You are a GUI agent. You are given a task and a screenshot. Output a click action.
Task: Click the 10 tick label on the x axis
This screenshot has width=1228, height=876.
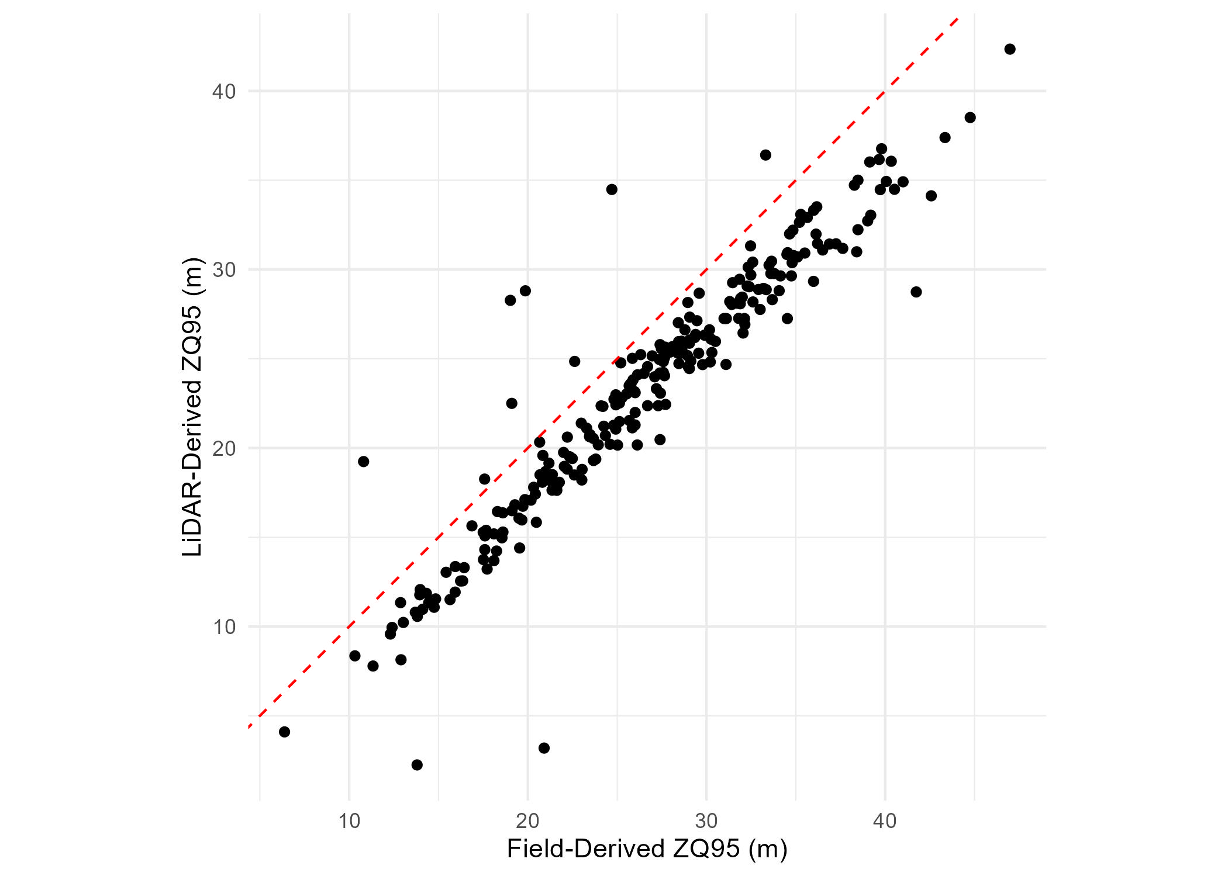pyautogui.click(x=349, y=821)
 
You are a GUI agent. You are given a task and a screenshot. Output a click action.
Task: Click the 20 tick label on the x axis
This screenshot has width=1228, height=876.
pyautogui.click(x=527, y=821)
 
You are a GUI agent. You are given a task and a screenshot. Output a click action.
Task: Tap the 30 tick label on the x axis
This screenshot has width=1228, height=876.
pyautogui.click(x=706, y=821)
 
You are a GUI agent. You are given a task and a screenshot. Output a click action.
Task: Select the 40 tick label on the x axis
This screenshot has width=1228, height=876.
pyautogui.click(x=885, y=821)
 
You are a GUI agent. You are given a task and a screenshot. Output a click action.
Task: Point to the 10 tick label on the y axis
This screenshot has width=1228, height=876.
pyautogui.click(x=224, y=627)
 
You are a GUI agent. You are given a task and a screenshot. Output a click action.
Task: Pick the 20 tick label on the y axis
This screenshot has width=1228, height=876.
pyautogui.click(x=224, y=448)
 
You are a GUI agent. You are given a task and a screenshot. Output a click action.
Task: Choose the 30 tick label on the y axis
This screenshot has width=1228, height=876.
pyautogui.click(x=224, y=270)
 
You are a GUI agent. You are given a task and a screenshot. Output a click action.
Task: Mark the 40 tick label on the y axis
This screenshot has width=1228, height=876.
pyautogui.click(x=224, y=91)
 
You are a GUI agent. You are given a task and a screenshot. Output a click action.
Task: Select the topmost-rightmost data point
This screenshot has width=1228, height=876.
pyautogui.click(x=1010, y=49)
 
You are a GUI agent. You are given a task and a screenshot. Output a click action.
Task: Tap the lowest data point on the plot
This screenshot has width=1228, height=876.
pyautogui.click(x=417, y=765)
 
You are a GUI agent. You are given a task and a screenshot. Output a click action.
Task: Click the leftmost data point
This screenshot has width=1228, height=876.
pyautogui.click(x=285, y=732)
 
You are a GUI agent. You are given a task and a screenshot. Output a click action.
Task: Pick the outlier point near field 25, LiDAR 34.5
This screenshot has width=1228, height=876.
pyautogui.click(x=612, y=189)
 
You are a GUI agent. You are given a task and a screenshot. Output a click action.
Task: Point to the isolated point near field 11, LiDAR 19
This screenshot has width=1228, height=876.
pyautogui.click(x=363, y=462)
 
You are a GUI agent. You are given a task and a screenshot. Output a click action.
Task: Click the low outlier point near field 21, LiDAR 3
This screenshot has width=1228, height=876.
pyautogui.click(x=544, y=748)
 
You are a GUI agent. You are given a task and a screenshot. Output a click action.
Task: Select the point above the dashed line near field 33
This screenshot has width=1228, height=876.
pyautogui.click(x=765, y=155)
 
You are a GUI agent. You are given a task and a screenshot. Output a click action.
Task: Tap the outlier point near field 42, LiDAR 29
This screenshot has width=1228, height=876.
pyautogui.click(x=916, y=292)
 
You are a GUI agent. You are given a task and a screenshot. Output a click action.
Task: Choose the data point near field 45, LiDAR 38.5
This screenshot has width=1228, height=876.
pyautogui.click(x=970, y=117)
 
